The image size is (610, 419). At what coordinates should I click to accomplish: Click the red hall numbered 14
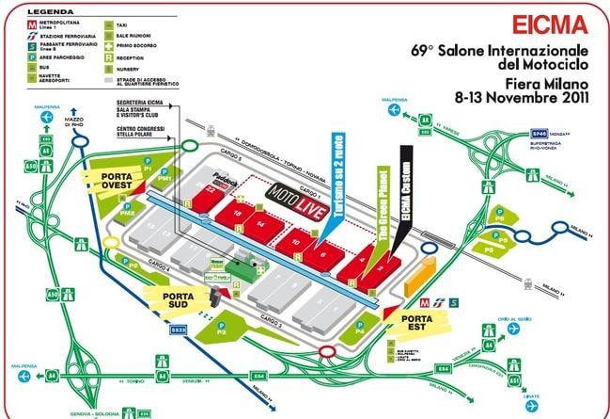tap(258, 224)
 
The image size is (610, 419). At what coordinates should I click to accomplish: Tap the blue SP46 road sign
tap(540, 133)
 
